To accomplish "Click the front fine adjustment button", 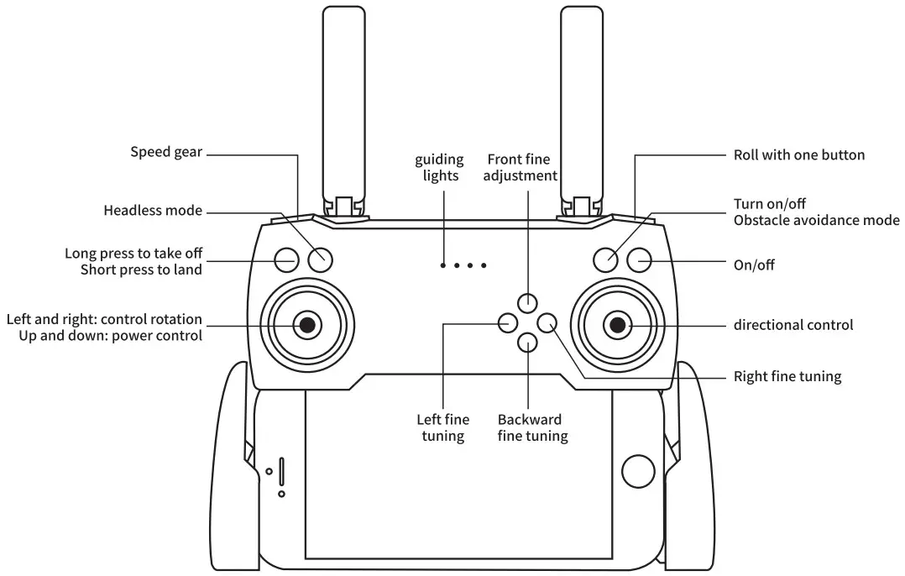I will (x=527, y=302).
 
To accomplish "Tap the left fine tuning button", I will (x=508, y=322).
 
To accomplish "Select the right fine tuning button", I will (x=547, y=322).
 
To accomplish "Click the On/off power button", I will (x=640, y=260).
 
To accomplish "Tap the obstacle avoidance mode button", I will (x=606, y=260).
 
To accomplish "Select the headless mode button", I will (x=320, y=260).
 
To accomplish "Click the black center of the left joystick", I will (x=307, y=324).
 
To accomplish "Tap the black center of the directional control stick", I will (x=618, y=324).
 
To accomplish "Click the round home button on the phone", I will (x=637, y=472).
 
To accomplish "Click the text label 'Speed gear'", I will (x=166, y=152).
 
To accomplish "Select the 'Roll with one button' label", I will (x=798, y=154).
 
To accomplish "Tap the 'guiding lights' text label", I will (x=438, y=167).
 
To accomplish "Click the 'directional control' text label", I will (x=793, y=325).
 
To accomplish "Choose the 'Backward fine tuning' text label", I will (x=532, y=427).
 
